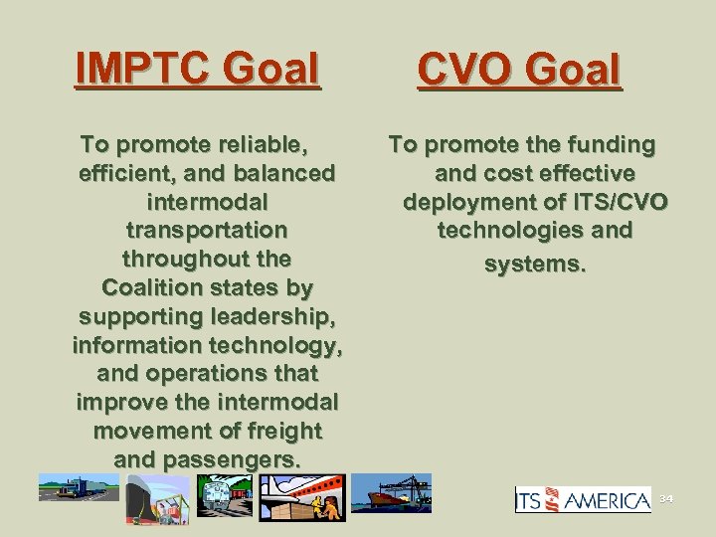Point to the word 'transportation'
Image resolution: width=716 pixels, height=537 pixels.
[x=207, y=230]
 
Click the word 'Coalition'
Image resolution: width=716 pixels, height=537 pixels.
[x=154, y=287]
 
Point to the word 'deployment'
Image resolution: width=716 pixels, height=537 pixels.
[x=463, y=203]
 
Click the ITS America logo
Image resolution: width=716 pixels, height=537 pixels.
[x=582, y=499]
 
